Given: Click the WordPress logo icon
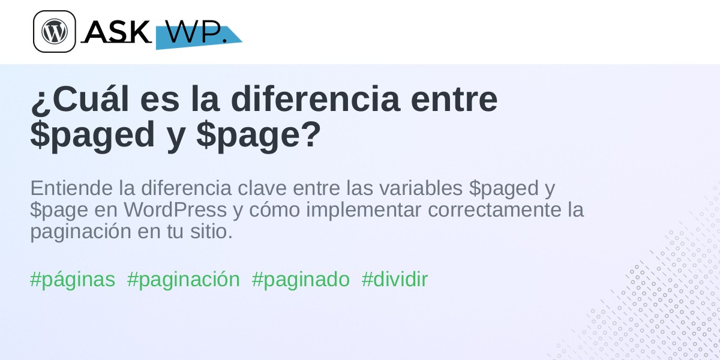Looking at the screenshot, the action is (x=55, y=31).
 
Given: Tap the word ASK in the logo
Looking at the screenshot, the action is (x=116, y=31).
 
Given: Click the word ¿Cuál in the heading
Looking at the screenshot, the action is (x=80, y=98).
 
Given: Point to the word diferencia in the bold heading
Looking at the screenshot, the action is (x=316, y=98).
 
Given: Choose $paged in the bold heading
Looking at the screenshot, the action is (x=92, y=134).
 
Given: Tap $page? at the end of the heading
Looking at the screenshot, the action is (x=259, y=134).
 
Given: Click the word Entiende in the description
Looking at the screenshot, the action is (x=71, y=188).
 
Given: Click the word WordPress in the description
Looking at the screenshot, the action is (x=175, y=209).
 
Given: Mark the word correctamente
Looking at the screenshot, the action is (x=491, y=209).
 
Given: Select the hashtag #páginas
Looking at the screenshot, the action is (x=73, y=280).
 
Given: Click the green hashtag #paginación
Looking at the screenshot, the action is (x=184, y=280).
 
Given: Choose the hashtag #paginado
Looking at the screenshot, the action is (x=301, y=280).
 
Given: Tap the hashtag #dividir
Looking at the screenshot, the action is (x=395, y=279).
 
